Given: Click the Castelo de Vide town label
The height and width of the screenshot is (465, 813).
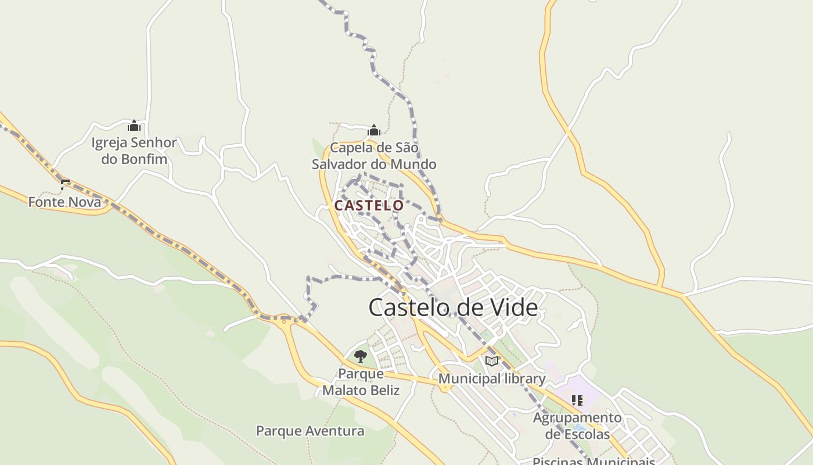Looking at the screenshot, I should point(453,307).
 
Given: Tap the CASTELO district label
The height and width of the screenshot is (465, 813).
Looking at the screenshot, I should point(369,205).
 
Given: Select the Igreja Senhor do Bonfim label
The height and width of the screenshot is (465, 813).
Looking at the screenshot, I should point(134,151).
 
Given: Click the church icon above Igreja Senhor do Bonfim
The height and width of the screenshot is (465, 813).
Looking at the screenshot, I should point(134,126).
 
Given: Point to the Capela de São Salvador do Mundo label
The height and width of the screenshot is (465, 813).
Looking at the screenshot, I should point(374,156).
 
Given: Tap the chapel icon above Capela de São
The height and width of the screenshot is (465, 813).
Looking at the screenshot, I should point(374,130).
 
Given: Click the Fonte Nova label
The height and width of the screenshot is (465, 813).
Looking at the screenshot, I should point(64,202).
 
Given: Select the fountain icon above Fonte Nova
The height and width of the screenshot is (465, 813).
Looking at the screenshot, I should point(65,184).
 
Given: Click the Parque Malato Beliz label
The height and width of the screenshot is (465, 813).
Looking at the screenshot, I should point(361,382).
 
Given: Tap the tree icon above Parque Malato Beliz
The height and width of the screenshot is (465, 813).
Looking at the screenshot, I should point(361,356).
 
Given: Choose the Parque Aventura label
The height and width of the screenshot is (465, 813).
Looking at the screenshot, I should point(310,431).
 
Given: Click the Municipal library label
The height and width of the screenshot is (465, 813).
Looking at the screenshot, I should point(491,379).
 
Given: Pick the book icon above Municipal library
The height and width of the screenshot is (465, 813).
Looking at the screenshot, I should point(492,361).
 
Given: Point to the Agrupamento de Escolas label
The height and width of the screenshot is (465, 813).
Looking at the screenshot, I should point(577,426).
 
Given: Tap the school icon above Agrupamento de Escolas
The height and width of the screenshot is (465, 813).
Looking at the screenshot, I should point(577,400).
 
